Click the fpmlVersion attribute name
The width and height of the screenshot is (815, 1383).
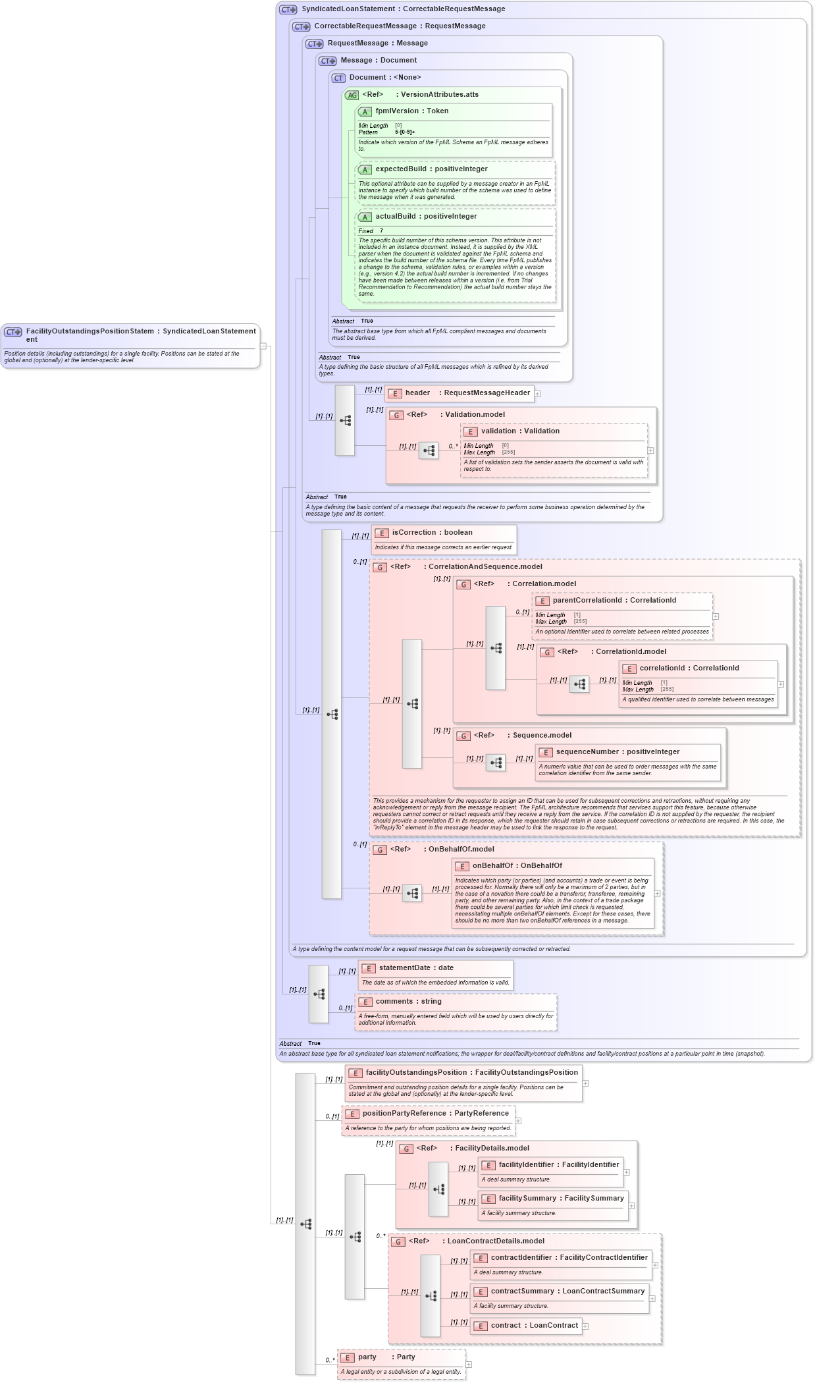pyautogui.click(x=397, y=111)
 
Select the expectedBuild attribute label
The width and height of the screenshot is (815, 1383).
pyautogui.click(x=400, y=169)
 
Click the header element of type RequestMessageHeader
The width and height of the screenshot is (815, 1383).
pyautogui.click(x=417, y=393)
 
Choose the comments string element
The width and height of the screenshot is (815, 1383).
pyautogui.click(x=393, y=1002)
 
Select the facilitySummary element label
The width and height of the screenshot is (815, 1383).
pyautogui.click(x=527, y=1199)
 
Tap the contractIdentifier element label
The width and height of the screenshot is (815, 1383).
pyautogui.click(x=521, y=1258)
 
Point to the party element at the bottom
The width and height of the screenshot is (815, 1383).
pyautogui.click(x=367, y=1357)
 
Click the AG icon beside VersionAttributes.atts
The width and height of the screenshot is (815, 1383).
pyautogui.click(x=352, y=95)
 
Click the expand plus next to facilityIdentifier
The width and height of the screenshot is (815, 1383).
pyautogui.click(x=627, y=1172)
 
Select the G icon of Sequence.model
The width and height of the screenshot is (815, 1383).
pyautogui.click(x=463, y=736)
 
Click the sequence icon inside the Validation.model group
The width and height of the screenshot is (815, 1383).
pyautogui.click(x=429, y=450)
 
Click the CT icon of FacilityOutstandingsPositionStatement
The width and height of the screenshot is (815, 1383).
pyautogui.click(x=13, y=333)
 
